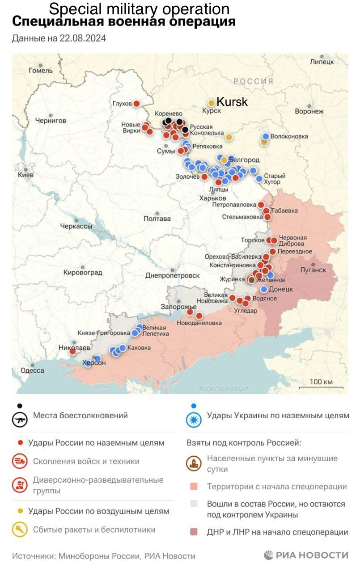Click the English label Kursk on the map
(232, 102)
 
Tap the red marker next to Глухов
(136, 104)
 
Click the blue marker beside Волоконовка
(266, 136)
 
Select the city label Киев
(25, 175)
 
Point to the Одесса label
(32, 370)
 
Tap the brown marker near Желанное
(251, 280)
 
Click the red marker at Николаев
(72, 352)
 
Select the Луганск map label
(313, 270)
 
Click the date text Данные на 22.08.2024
(59, 38)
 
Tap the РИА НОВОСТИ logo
(306, 555)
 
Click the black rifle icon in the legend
(19, 420)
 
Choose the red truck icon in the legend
(19, 462)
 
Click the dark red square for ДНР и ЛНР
(194, 532)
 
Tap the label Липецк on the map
(322, 62)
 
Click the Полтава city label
(157, 219)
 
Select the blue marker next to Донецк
(264, 289)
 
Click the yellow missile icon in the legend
(19, 530)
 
